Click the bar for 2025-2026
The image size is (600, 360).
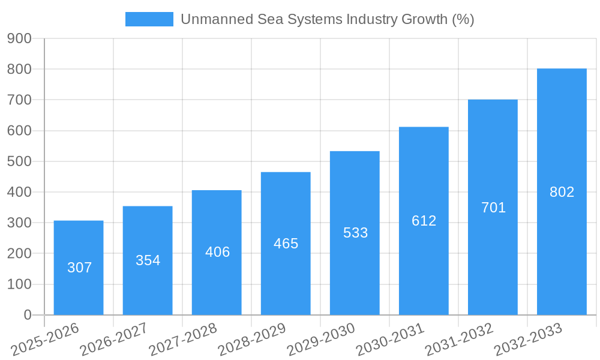(x=79, y=268)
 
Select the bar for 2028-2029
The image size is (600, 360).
(x=286, y=243)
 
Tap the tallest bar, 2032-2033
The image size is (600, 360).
(x=562, y=191)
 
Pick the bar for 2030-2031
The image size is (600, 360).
(x=424, y=221)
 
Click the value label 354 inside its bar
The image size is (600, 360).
(x=148, y=260)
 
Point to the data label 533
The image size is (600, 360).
(x=355, y=233)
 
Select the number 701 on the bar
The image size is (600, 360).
(x=493, y=208)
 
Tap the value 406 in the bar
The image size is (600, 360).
(x=217, y=252)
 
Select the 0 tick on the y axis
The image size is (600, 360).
(x=27, y=315)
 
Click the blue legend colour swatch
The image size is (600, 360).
(x=149, y=19)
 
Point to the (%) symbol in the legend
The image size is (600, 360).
(x=463, y=19)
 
